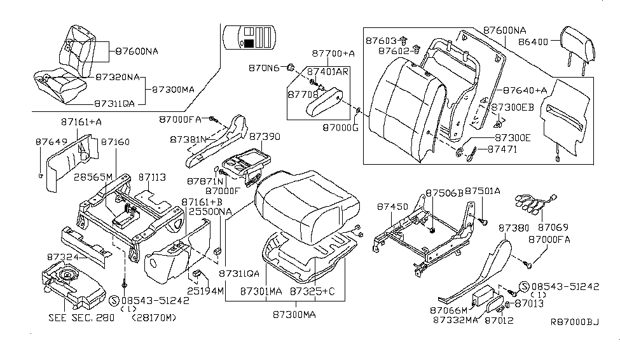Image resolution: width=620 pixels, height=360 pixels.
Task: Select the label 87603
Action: coord(382,40)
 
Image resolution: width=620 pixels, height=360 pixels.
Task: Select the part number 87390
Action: coord(264,137)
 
